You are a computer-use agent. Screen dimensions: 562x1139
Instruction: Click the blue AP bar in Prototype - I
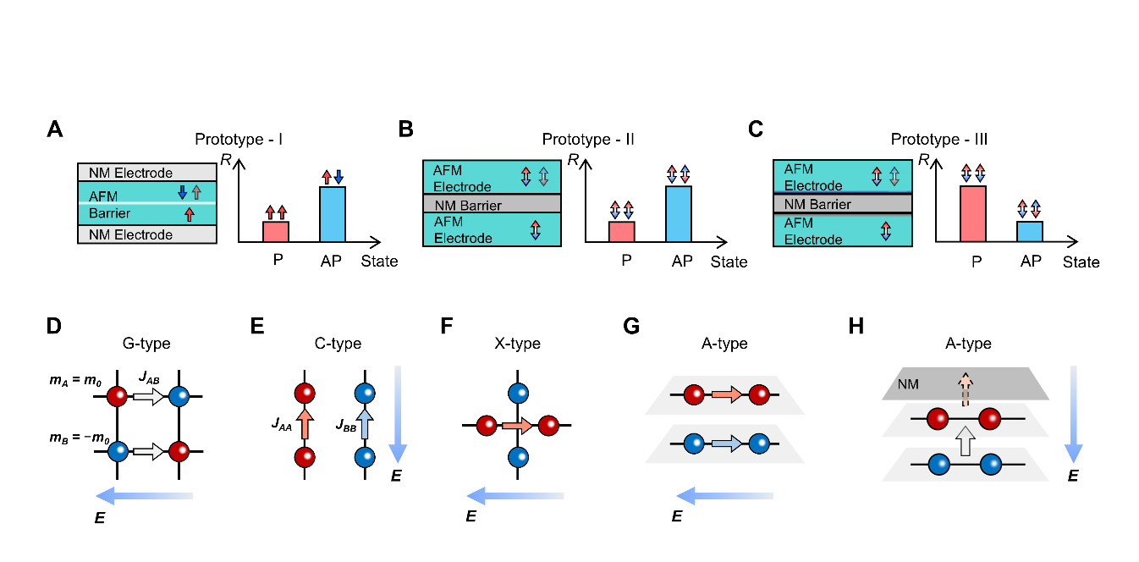(x=332, y=215)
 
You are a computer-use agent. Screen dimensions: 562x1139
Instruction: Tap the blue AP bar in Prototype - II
(x=679, y=215)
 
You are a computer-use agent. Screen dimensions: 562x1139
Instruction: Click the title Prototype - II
(x=582, y=138)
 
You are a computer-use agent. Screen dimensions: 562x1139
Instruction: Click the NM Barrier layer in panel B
(x=492, y=205)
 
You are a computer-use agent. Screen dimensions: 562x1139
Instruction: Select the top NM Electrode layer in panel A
(x=147, y=173)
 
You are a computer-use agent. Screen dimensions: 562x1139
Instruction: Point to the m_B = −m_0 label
(x=75, y=441)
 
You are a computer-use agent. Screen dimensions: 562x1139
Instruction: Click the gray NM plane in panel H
(x=965, y=383)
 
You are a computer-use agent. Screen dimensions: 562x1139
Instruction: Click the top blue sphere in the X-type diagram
(x=517, y=392)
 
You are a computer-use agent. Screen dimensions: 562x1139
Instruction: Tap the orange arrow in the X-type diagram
(x=515, y=426)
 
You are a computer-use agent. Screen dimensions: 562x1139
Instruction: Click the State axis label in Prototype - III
(x=1081, y=262)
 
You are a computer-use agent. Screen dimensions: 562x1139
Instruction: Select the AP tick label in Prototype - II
(x=681, y=261)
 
